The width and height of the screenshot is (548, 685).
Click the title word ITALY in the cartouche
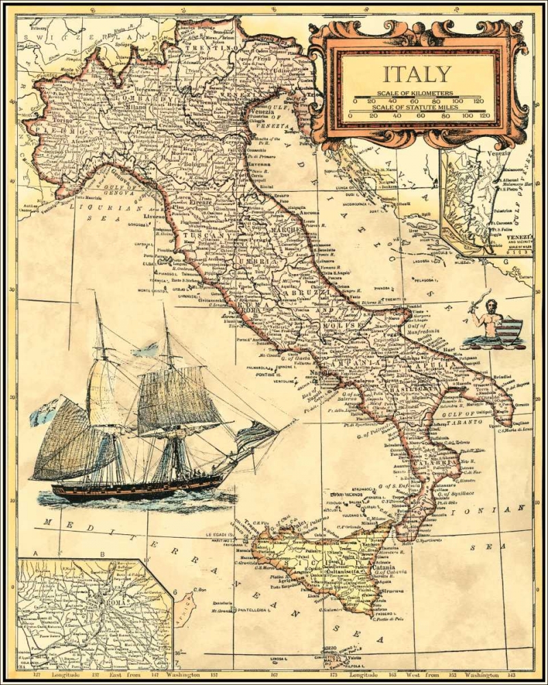[416, 74]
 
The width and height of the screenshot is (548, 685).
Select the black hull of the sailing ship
[137, 489]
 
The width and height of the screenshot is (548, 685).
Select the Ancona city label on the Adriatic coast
[312, 210]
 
